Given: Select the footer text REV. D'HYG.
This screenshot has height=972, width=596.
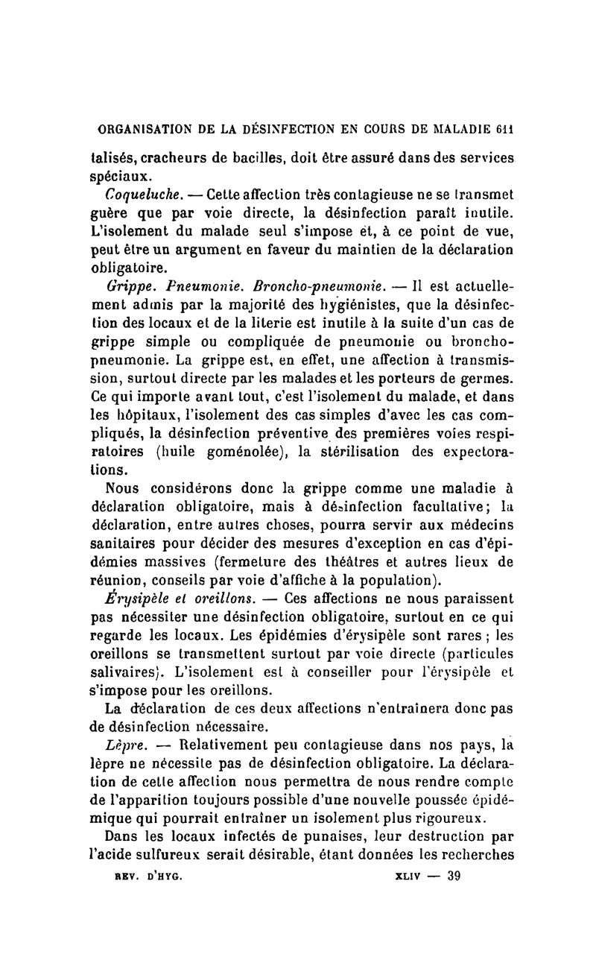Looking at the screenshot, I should pos(147,877).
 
